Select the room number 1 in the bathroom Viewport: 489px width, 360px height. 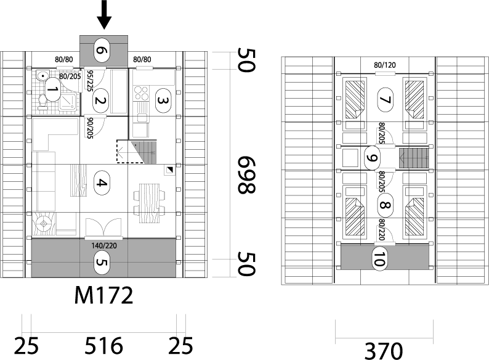pos(52,89)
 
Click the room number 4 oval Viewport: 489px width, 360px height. pos(102,183)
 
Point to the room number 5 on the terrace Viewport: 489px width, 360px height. pos(102,263)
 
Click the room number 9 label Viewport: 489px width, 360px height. pos(372,158)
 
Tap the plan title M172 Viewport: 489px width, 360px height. pos(104,295)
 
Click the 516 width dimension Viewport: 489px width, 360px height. pos(104,346)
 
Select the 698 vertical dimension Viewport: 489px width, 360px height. pos(247,174)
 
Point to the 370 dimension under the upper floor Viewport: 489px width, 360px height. pos(384,351)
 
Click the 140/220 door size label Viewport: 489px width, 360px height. pos(104,246)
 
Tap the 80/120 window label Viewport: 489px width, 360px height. pos(385,65)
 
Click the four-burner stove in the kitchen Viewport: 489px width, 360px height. pos(141,93)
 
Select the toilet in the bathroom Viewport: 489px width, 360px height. pos(42,102)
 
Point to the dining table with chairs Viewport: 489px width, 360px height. pos(150,203)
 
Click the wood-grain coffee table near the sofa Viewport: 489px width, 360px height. pos(78,181)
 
